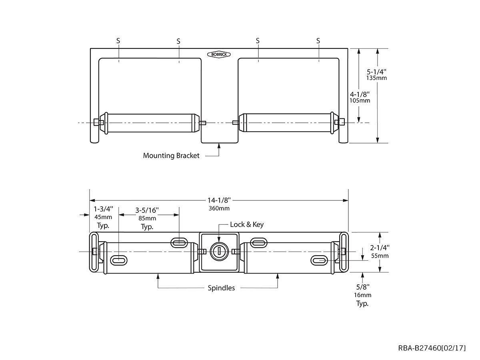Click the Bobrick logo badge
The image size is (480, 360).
(218, 54)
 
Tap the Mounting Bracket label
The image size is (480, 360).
(171, 156)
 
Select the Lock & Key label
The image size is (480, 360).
(246, 224)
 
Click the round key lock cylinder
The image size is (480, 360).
(219, 251)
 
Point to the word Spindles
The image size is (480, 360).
(221, 288)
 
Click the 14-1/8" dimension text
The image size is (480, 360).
(219, 200)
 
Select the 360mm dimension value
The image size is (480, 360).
(219, 208)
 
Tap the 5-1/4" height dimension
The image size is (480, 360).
(376, 72)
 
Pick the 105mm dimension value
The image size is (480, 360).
(360, 100)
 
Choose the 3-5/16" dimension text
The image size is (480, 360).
(147, 210)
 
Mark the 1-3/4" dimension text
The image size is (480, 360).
(103, 209)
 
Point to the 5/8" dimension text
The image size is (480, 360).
(362, 287)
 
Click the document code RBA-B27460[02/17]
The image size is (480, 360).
(432, 348)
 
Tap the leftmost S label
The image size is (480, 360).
(118, 40)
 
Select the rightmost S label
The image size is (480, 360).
(318, 40)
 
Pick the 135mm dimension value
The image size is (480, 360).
(376, 78)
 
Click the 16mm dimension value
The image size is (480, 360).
(362, 295)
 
